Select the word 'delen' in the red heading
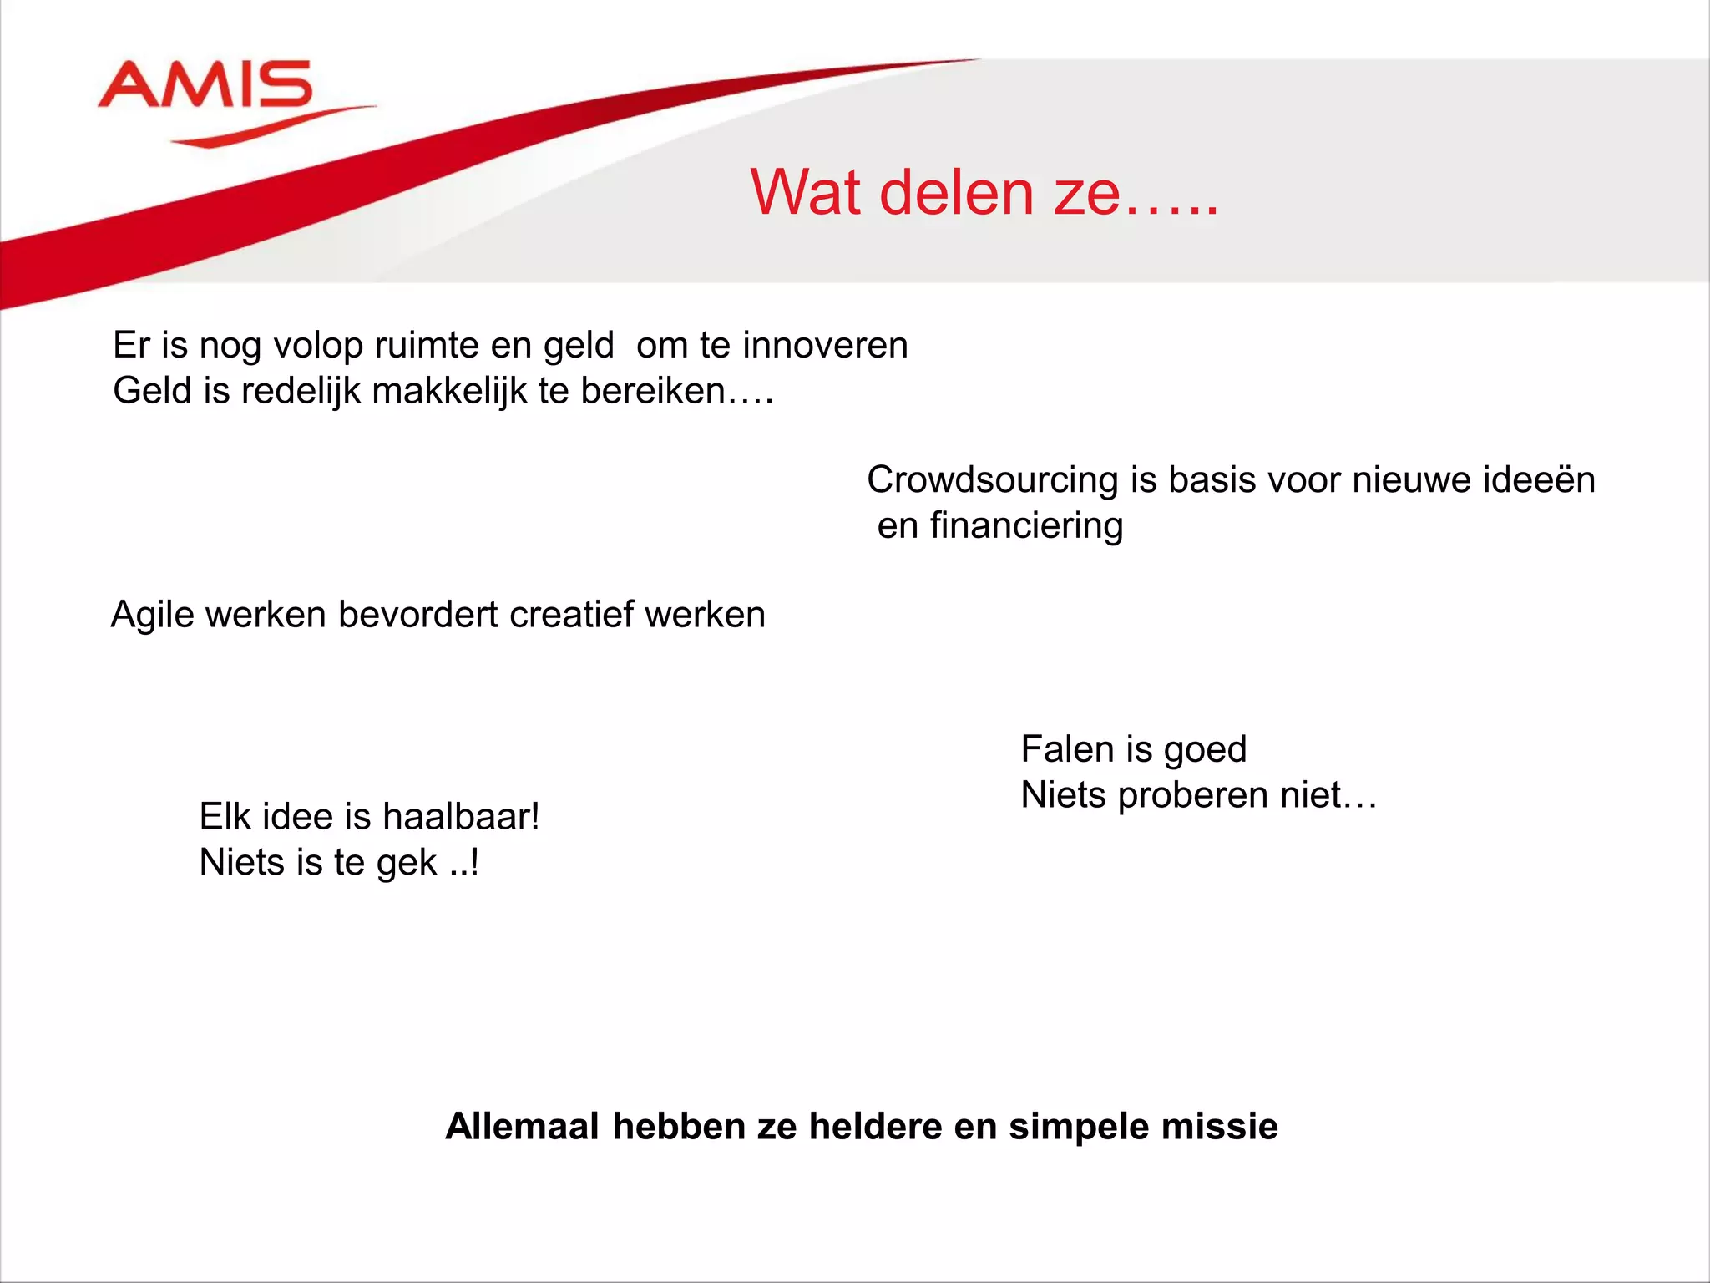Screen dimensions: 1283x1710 pyautogui.click(x=957, y=193)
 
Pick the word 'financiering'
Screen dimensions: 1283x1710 pyautogui.click(x=1026, y=526)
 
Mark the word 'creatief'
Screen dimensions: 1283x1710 pyautogui.click(x=571, y=615)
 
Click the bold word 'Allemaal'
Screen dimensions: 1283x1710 pyautogui.click(x=522, y=1127)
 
